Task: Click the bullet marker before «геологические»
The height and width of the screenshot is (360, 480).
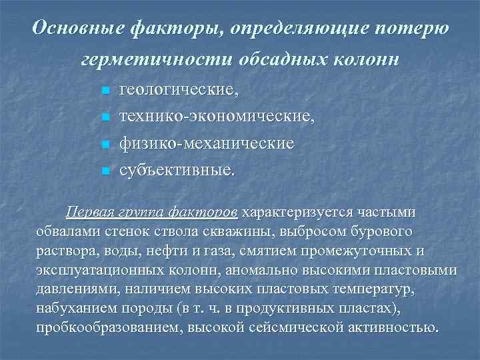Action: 104,90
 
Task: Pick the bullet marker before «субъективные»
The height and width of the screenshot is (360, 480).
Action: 104,171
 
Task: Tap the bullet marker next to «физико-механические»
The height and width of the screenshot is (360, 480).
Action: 104,144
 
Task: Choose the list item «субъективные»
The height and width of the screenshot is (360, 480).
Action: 177,170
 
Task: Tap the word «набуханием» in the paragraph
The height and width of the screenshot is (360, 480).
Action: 75,309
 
